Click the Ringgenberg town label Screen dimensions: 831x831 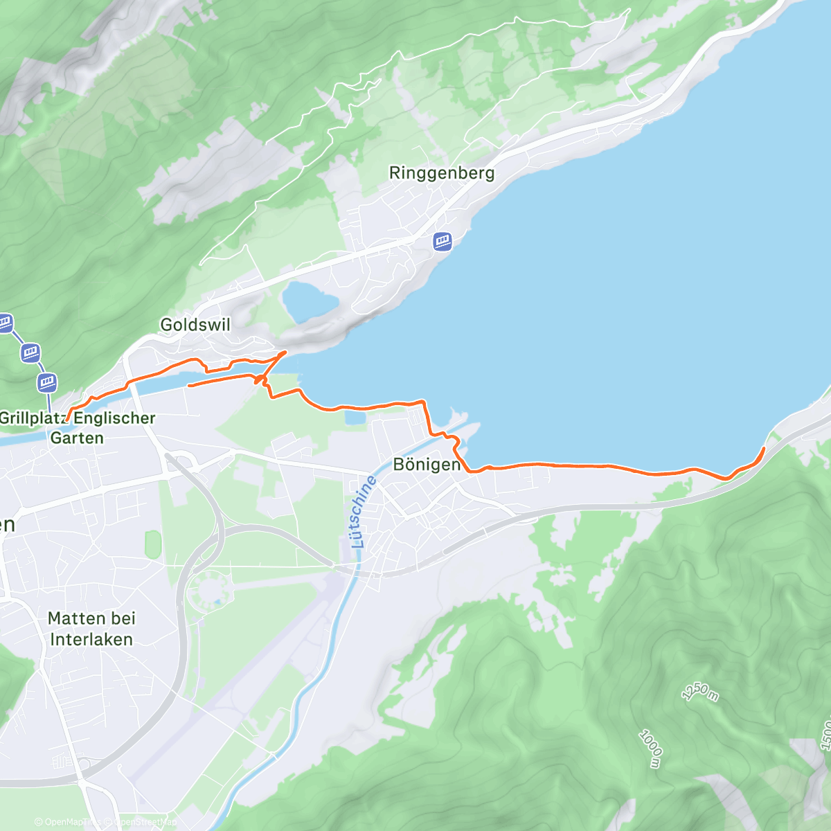tap(441, 173)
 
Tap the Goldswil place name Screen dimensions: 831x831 tap(195, 324)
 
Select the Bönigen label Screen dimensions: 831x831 tap(427, 465)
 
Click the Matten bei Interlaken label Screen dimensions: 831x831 tap(91, 629)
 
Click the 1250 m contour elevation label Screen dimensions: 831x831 tap(700, 691)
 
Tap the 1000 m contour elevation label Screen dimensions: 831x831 tap(650, 749)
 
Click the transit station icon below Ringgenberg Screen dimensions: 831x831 tap(443, 242)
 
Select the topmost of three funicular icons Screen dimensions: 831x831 tap(5, 322)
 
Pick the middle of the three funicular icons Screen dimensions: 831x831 tap(30, 352)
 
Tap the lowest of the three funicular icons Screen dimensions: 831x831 tap(47, 382)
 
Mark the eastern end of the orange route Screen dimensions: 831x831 tap(764, 448)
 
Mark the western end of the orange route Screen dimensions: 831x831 tap(67, 420)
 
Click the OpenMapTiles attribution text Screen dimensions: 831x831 tap(67, 822)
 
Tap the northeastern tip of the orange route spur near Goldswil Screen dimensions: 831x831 tap(285, 352)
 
